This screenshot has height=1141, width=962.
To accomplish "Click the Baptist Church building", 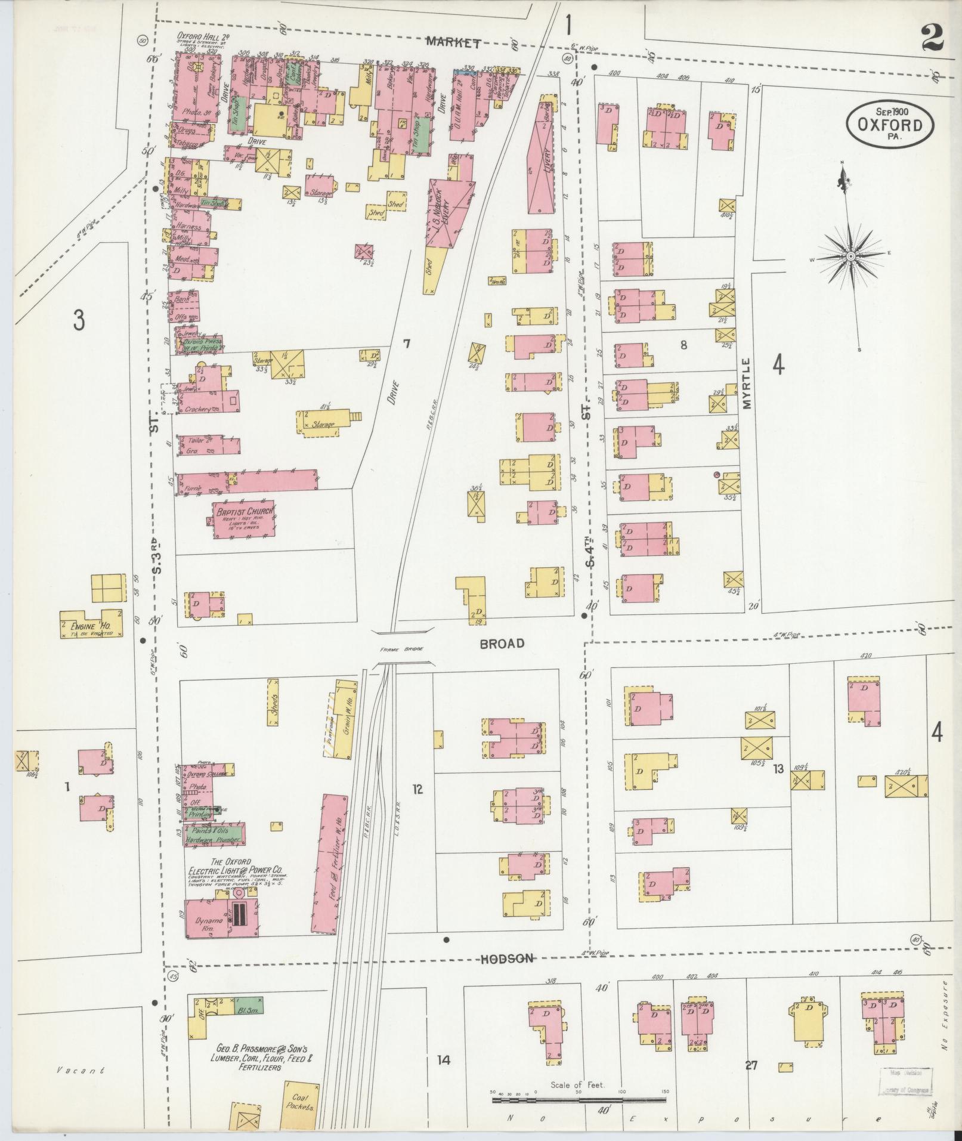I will click(x=243, y=519).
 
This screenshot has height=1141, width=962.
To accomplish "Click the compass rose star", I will click(x=851, y=256).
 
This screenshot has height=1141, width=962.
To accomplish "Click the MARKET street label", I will click(x=454, y=42).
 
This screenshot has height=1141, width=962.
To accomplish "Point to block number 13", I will click(x=778, y=769).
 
